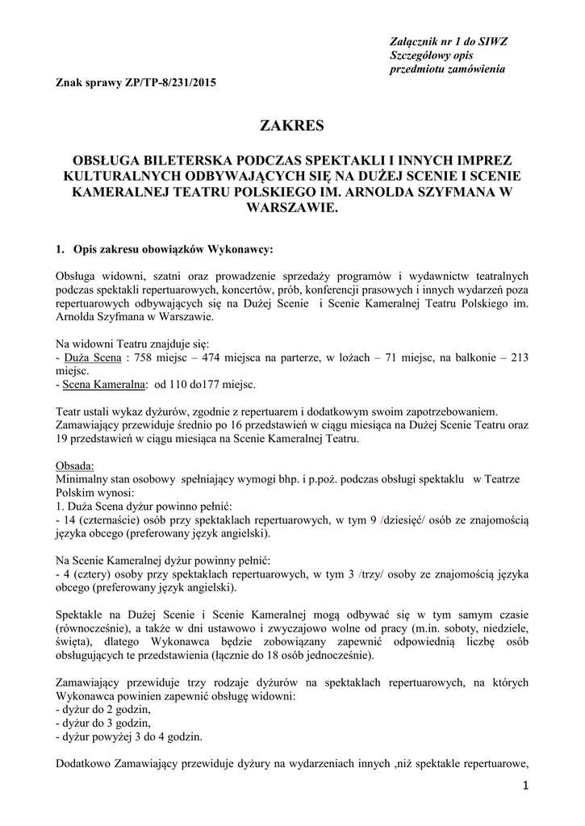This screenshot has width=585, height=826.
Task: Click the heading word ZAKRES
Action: click(x=291, y=125)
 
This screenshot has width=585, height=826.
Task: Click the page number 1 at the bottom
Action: click(x=526, y=786)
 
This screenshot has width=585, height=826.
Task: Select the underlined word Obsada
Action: click(x=75, y=465)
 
